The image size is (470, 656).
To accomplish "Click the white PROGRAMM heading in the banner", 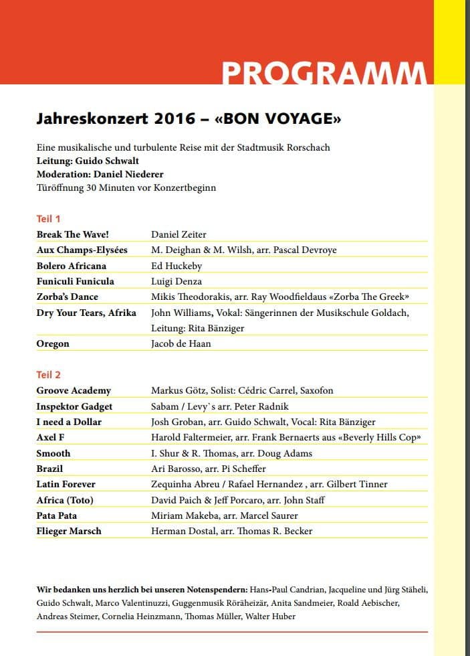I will click(324, 72).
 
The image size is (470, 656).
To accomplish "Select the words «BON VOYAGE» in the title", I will click(278, 120).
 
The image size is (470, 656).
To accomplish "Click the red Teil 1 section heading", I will click(49, 219).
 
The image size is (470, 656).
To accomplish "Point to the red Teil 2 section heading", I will click(49, 375).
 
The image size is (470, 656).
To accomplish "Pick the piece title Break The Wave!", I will click(72, 234).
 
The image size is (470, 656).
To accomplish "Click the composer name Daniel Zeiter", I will click(179, 234).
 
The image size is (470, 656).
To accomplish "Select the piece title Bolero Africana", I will click(72, 266).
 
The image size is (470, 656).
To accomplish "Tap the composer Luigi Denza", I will click(177, 281).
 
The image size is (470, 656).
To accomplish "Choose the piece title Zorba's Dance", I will click(68, 297).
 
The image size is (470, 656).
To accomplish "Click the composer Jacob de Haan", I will click(181, 343).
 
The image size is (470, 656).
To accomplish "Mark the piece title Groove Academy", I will click(74, 390).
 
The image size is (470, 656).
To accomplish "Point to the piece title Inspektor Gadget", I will click(74, 406).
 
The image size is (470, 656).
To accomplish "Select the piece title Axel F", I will click(51, 437).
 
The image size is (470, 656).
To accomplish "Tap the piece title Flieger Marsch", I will click(69, 531).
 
